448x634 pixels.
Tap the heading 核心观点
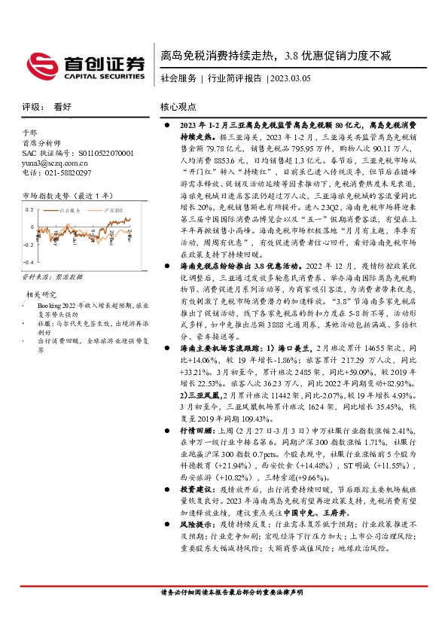(179, 107)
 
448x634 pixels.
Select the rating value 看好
(63, 107)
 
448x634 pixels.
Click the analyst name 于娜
(29, 133)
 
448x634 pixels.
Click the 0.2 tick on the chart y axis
(29, 209)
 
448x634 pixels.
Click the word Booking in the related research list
(47, 306)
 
